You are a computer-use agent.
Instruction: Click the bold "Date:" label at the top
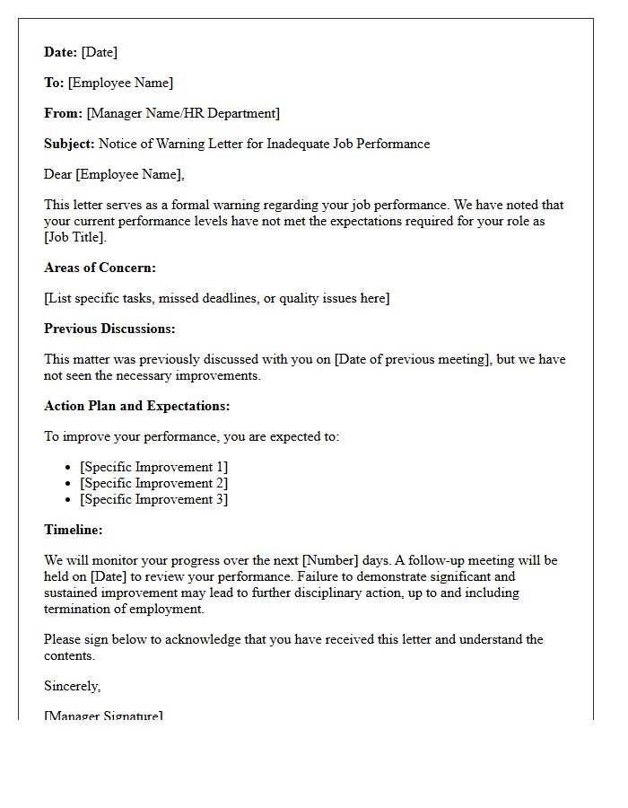[x=61, y=52]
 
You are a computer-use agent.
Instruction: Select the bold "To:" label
[x=54, y=83]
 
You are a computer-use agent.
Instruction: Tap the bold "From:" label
[x=64, y=113]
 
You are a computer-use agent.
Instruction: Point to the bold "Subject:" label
[x=69, y=144]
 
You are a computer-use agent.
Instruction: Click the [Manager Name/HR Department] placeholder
[x=183, y=113]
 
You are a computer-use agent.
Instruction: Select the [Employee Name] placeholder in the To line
[x=120, y=83]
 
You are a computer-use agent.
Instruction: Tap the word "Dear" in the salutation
[x=58, y=174]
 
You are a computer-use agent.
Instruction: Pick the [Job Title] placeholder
[x=75, y=237]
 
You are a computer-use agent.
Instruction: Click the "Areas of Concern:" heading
[x=100, y=268]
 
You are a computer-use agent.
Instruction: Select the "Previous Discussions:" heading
[x=109, y=329]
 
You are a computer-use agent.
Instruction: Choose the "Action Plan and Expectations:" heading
[x=136, y=406]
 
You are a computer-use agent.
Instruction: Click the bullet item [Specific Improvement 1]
[x=153, y=467]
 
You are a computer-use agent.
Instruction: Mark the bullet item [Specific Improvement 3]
[x=153, y=499]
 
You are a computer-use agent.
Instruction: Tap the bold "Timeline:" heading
[x=74, y=530]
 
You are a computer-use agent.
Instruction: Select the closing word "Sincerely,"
[x=73, y=686]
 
